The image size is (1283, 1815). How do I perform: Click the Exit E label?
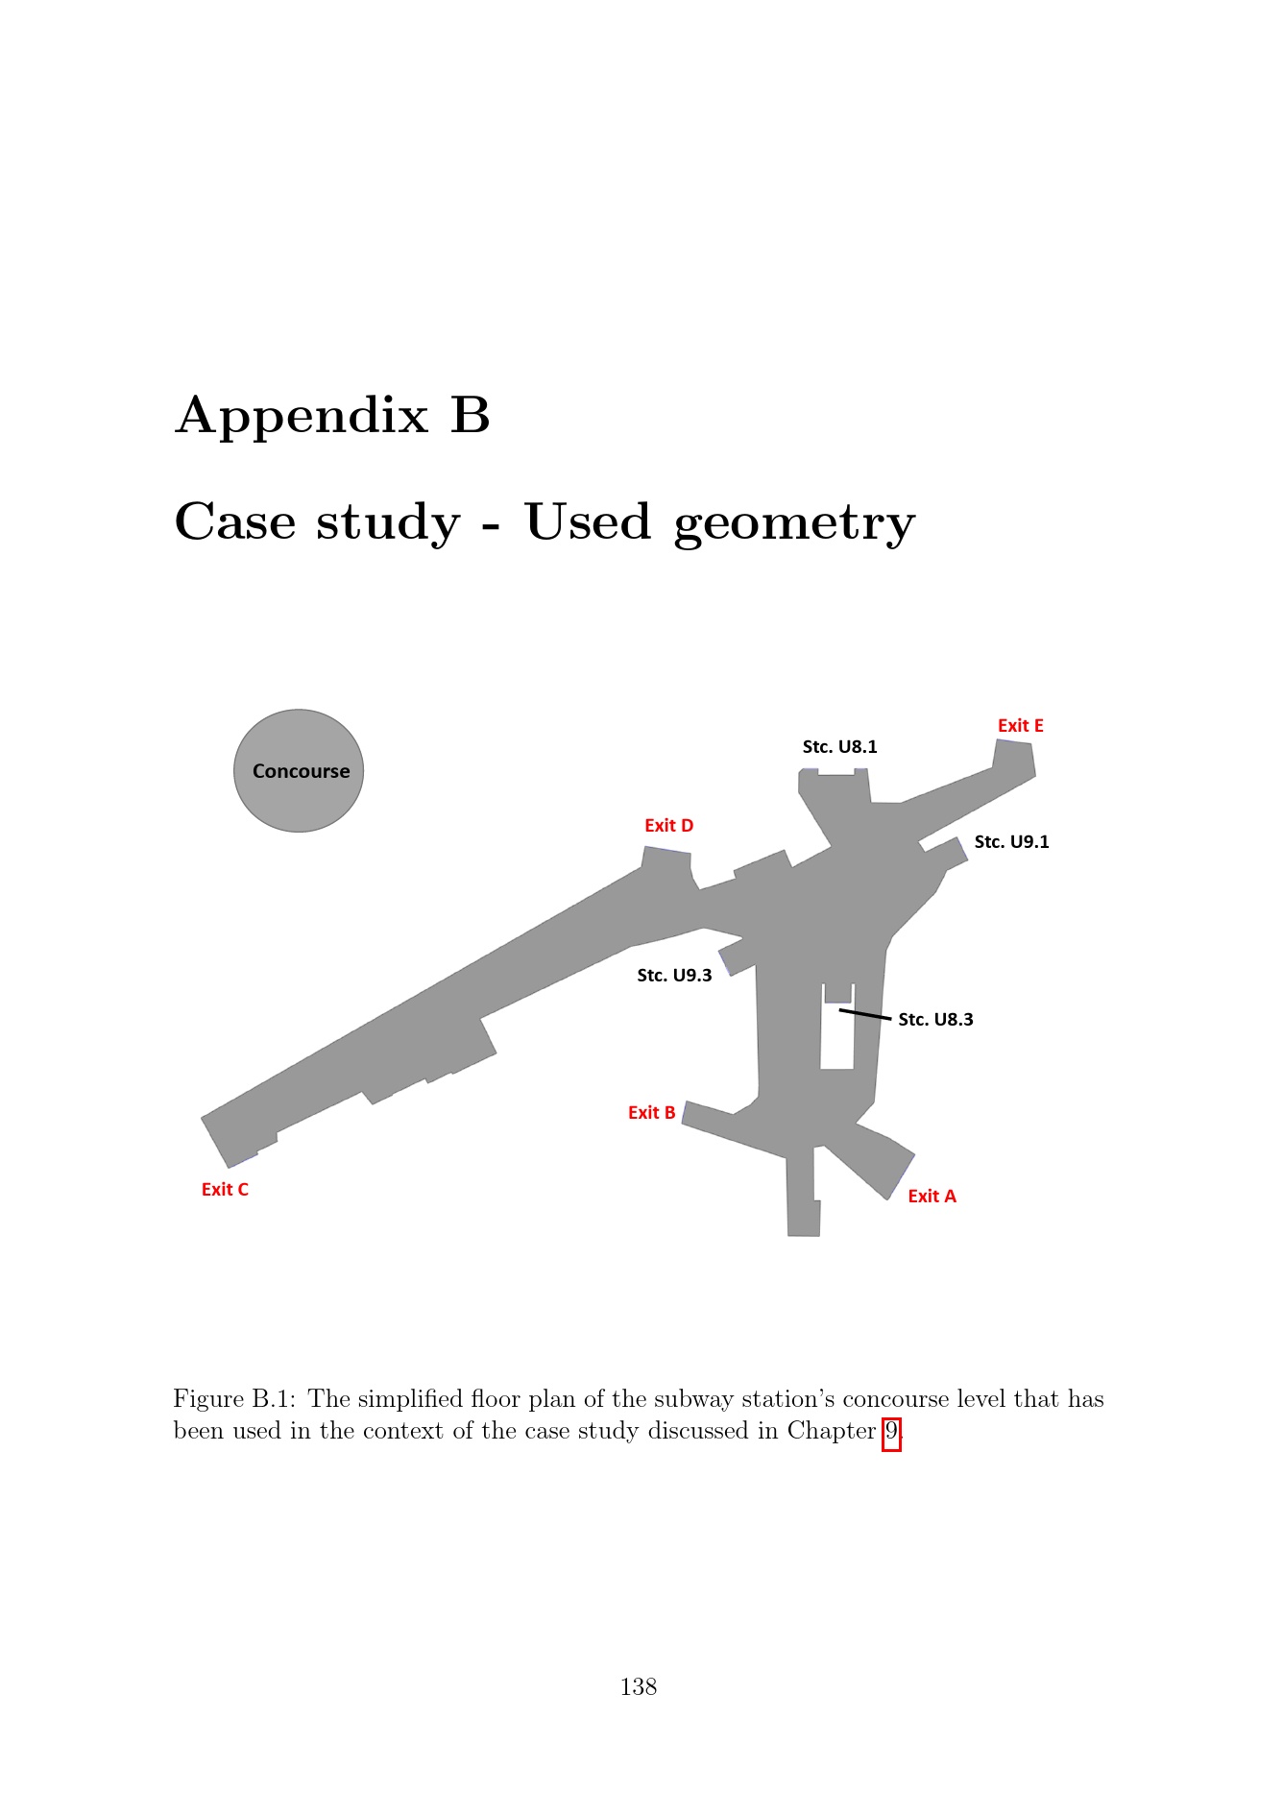point(1020,726)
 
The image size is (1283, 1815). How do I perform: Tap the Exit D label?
point(668,826)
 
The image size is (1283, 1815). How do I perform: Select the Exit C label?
point(225,1190)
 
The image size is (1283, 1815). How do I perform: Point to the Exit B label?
point(651,1113)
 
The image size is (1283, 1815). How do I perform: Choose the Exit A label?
point(932,1197)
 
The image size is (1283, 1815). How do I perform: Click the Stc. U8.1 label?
point(840,747)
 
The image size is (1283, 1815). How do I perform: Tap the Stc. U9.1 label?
point(1012,842)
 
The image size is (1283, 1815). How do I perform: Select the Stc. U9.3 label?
point(674,976)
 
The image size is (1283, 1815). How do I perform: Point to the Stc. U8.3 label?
point(935,1020)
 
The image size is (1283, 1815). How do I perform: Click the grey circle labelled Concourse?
point(299,771)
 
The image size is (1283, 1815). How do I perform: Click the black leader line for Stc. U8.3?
point(865,1014)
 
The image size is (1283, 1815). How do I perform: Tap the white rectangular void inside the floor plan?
point(837,1037)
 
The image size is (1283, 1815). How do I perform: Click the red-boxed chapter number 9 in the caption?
point(892,1432)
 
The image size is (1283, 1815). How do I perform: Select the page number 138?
point(639,1687)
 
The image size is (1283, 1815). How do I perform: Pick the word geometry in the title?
point(794,525)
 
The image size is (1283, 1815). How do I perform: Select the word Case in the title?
point(235,522)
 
